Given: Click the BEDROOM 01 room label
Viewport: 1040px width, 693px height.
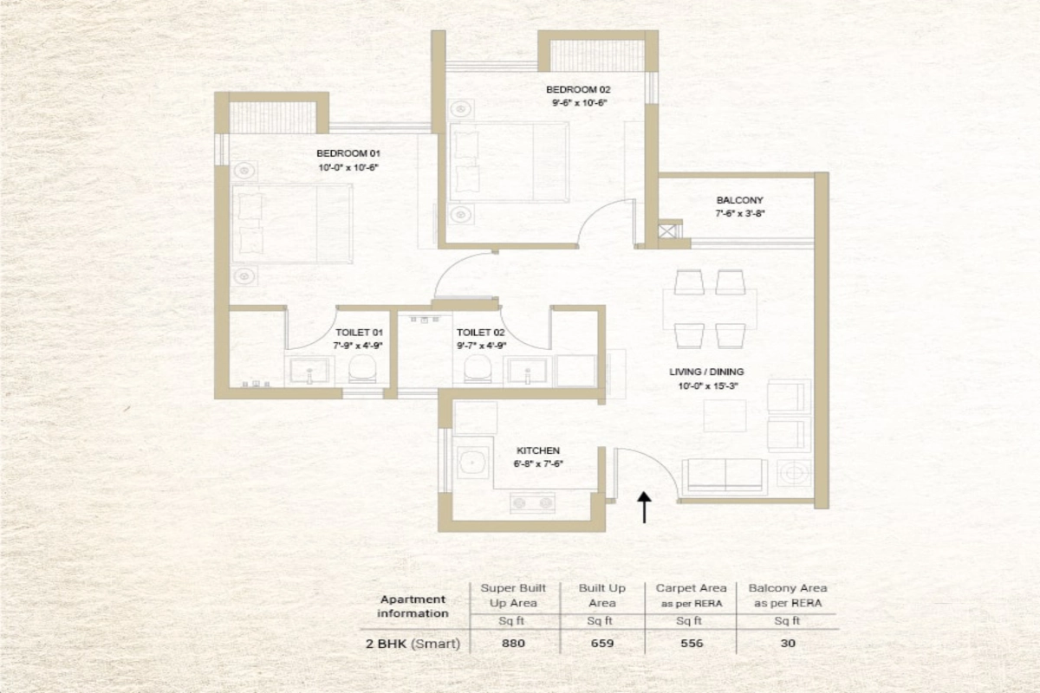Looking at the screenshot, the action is tap(348, 153).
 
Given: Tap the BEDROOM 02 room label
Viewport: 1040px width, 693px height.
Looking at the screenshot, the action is tap(578, 89).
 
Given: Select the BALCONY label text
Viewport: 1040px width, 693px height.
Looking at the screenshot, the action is tap(739, 200).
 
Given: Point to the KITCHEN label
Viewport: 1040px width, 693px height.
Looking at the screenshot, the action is tap(538, 450).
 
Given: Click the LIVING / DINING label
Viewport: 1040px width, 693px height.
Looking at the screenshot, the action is tap(706, 372).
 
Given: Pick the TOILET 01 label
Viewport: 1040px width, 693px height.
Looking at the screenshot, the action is tap(359, 333).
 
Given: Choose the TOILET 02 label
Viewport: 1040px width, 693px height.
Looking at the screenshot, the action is tap(480, 333).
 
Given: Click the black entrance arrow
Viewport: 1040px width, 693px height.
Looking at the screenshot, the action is tap(644, 507).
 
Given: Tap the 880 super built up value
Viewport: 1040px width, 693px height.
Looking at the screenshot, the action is tap(513, 644).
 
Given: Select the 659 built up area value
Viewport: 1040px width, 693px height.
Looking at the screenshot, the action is tap(602, 644).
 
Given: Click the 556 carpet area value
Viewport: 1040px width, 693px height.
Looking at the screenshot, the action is tap(692, 644).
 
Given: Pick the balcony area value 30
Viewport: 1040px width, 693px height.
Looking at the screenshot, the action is tap(788, 644).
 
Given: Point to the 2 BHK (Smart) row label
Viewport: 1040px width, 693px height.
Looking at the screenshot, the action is tap(413, 644).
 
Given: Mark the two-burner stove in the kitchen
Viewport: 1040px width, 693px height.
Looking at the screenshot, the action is tap(532, 502).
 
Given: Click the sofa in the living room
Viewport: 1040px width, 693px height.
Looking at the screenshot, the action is tap(725, 476).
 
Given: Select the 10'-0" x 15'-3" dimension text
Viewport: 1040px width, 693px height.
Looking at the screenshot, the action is tap(707, 385).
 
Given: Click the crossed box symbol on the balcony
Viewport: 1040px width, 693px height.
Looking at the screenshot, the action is tap(667, 231).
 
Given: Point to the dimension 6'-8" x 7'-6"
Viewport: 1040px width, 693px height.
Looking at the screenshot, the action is tap(537, 463).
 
